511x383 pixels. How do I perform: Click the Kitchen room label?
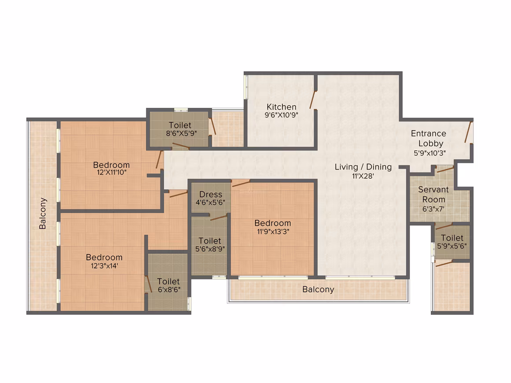point(281,107)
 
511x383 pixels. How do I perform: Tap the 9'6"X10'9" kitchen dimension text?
point(281,115)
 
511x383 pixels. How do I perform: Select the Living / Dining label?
point(363,167)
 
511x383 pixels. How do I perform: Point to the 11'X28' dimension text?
point(363,176)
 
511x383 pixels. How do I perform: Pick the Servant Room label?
point(433,195)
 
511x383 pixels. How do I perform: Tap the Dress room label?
point(211,195)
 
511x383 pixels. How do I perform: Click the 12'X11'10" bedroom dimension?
point(111,172)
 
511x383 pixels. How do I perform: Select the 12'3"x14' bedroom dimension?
point(104,266)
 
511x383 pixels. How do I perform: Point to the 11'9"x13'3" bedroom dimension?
point(273,232)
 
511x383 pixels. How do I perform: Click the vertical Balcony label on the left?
point(42,214)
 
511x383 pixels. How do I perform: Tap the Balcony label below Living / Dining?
point(318,290)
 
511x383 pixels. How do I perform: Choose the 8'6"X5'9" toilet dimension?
point(181,133)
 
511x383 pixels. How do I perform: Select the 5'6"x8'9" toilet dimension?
point(210,249)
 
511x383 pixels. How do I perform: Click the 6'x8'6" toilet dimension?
point(169,290)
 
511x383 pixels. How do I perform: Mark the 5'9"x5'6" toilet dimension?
point(452,246)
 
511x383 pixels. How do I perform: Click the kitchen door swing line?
point(312,99)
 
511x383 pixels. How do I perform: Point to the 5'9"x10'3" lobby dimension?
point(430,153)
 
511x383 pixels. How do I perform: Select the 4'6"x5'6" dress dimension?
point(210,203)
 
